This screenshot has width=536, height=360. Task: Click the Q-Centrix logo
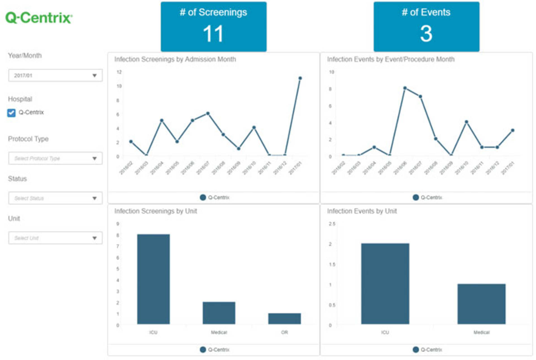(x=39, y=18)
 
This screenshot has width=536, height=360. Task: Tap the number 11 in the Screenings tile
(x=213, y=34)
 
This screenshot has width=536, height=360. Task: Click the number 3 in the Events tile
(x=426, y=34)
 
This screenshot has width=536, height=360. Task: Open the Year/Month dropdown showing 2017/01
(x=55, y=75)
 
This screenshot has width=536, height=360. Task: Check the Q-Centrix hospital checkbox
(x=11, y=113)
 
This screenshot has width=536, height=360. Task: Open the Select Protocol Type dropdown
(x=55, y=158)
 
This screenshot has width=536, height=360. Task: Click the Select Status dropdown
(x=55, y=198)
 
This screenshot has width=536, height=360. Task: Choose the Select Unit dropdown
(x=55, y=238)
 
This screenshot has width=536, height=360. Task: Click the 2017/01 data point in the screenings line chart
(x=300, y=78)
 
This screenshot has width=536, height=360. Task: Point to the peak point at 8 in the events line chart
(x=405, y=88)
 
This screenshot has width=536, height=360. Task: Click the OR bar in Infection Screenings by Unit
(x=284, y=319)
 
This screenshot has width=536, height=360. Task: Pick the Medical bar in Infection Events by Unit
(x=481, y=304)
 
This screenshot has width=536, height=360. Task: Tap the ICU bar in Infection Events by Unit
(x=385, y=283)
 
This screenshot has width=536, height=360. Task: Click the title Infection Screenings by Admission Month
(x=175, y=59)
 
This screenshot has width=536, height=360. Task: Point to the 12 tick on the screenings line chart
(x=119, y=72)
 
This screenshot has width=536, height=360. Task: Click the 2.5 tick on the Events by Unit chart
(x=332, y=224)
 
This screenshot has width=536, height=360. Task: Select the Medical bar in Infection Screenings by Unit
(x=219, y=313)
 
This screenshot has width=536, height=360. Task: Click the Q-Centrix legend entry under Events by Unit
(x=428, y=350)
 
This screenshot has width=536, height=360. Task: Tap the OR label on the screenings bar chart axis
(x=284, y=332)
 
